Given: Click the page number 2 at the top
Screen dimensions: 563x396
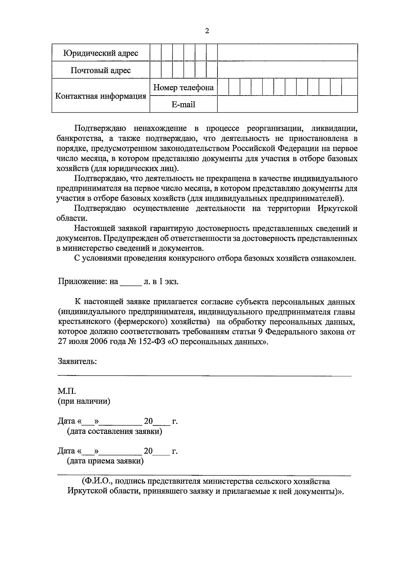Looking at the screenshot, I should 207,31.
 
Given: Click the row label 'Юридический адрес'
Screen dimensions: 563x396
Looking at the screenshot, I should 101,53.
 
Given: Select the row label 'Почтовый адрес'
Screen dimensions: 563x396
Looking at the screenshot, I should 101,70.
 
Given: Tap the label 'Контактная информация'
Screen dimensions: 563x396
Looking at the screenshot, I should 101,96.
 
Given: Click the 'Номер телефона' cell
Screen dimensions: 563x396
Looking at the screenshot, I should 183,88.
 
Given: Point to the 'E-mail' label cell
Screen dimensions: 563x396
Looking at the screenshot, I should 183,104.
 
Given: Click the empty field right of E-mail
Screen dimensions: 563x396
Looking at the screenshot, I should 287,104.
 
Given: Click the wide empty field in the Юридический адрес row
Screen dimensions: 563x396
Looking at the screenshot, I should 287,53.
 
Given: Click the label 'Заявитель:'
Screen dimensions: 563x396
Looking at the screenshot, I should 78,361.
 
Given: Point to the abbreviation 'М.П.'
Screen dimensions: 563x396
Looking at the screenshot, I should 67,391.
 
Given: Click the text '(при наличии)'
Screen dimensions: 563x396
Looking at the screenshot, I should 84,401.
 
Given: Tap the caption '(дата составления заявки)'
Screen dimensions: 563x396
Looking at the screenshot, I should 114,431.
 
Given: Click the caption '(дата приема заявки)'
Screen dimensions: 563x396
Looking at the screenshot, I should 105,461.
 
